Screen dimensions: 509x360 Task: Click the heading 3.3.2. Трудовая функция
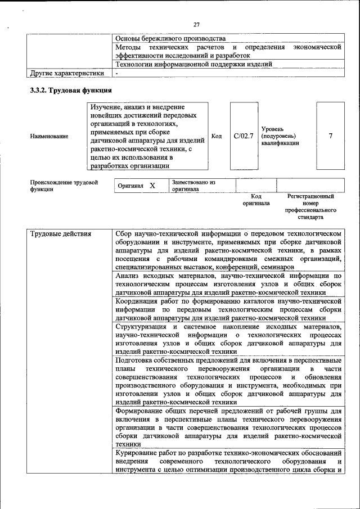tap(71, 90)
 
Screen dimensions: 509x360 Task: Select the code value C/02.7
tap(244, 136)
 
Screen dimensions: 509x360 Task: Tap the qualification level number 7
tap(330, 136)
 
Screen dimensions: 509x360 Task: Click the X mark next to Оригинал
tap(152, 186)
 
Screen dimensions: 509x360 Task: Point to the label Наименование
tap(49, 136)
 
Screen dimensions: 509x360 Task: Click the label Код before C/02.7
tap(217, 136)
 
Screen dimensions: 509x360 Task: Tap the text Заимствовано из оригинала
tap(194, 186)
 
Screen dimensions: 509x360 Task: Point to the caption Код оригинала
tap(256, 200)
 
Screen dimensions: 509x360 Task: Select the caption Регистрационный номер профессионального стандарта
tap(310, 206)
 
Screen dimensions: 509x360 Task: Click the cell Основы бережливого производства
tap(170, 38)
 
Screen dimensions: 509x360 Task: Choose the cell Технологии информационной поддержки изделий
tap(193, 64)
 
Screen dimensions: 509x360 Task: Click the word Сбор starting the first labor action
tap(124, 233)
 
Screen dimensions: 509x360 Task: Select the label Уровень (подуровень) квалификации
tap(280, 136)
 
